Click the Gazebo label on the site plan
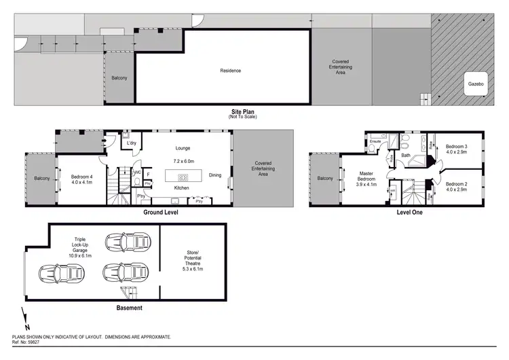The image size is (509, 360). tap(475, 84)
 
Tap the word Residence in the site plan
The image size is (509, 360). tap(231, 71)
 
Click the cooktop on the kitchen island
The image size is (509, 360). tap(182, 177)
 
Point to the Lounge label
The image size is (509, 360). tap(182, 148)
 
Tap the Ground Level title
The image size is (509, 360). tap(160, 213)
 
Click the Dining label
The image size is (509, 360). tap(215, 175)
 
